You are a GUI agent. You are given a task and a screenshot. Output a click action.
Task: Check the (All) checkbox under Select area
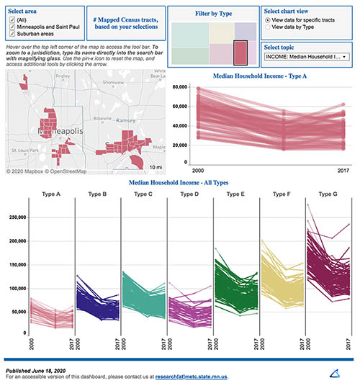[11, 19]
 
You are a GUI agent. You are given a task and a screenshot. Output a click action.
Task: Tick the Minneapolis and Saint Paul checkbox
[11, 27]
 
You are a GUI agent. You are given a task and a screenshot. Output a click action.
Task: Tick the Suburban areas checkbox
[11, 34]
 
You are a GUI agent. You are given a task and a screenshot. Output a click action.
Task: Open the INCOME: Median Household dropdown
[305, 56]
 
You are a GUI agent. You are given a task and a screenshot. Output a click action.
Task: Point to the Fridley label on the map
[63, 76]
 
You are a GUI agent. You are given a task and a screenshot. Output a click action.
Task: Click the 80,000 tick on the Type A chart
[181, 86]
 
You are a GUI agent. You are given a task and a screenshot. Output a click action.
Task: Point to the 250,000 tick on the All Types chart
[15, 217]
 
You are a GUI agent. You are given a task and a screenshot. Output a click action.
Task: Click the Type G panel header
[328, 194]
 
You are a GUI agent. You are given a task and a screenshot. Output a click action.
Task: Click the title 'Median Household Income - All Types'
[180, 184]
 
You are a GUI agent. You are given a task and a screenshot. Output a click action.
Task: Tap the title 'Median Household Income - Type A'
[270, 76]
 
